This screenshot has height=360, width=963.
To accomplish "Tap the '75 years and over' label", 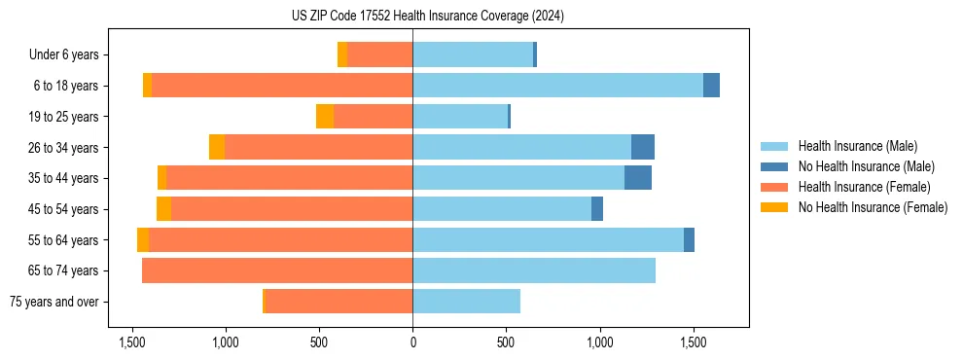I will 53,302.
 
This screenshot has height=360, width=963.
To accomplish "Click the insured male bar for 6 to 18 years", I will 557,86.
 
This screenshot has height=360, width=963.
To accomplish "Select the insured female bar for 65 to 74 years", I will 277,270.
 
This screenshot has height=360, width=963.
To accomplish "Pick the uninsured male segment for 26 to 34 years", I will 643,147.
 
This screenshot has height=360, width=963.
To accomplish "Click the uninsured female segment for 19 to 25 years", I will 325,117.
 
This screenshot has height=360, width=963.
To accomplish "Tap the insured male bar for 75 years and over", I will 466,302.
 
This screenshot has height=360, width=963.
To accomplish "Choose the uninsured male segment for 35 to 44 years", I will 638,178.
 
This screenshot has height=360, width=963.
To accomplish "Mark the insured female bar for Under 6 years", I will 379,55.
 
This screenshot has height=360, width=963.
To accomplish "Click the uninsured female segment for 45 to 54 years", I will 163,209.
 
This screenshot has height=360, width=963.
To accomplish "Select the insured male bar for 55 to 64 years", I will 548,239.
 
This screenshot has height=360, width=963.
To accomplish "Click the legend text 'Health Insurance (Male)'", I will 857,146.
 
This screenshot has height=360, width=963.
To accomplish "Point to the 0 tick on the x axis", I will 412,343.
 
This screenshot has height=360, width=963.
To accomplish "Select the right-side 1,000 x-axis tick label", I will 599,343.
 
